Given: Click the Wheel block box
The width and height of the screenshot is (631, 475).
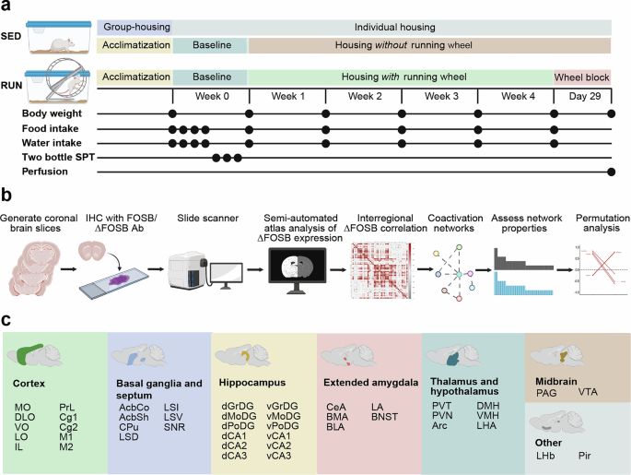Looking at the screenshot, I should pos(582,77).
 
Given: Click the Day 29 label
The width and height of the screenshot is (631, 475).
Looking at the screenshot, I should pos(582,96).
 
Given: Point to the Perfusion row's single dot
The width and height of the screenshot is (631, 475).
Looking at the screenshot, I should pos(613,172).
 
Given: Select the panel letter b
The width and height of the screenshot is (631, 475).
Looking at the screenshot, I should pos(6,196).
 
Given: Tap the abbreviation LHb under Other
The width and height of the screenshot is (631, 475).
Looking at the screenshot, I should pos(547,456).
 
